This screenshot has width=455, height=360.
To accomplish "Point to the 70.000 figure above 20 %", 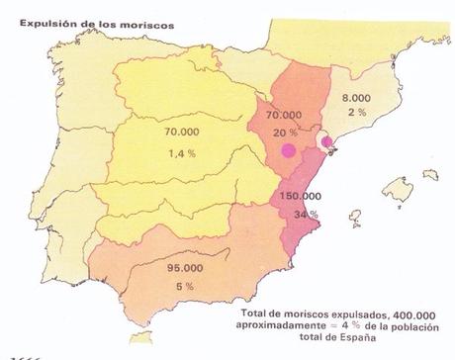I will click(284, 116).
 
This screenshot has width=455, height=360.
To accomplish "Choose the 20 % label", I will click(285, 132).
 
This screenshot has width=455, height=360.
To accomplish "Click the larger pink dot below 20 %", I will click(288, 150).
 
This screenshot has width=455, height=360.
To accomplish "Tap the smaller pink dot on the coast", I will click(327, 142).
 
